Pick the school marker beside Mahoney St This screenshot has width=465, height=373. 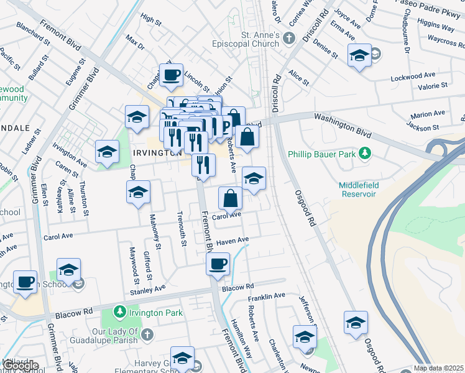click(x=138, y=193)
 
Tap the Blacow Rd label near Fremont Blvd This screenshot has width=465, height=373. click(x=238, y=287)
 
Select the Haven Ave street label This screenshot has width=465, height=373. click(x=233, y=240)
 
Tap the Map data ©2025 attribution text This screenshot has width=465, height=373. click(x=438, y=368)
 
